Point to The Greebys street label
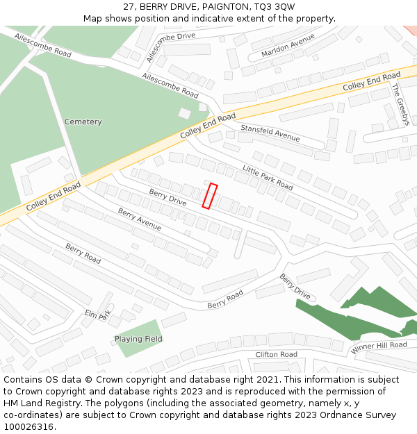click(x=400, y=104)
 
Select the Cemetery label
click(x=83, y=122)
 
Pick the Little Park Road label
click(x=268, y=177)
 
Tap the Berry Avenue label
click(x=139, y=219)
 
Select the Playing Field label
click(x=138, y=339)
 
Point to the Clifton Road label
click(x=276, y=354)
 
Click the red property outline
click(x=210, y=196)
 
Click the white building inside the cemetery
click(x=184, y=113)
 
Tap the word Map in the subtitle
click(x=94, y=18)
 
